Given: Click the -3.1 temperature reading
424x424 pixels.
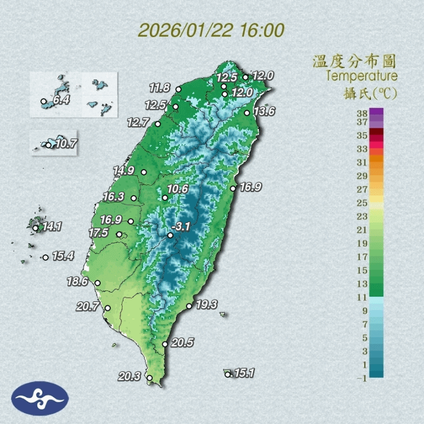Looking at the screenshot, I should coord(182,227).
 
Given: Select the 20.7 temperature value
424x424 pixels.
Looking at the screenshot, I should coord(88,306).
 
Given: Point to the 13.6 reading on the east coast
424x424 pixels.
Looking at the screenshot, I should coord(264,112).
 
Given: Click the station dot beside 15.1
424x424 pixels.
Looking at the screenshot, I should coord(227,375).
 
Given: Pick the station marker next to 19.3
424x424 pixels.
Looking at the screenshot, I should coord(189,306).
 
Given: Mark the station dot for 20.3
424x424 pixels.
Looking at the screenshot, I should coord(149,378).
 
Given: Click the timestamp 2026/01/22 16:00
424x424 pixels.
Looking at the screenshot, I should coord(211,30).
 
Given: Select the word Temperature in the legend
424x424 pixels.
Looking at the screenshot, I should coord(361,76).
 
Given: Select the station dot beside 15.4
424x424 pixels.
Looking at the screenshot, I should coord(46,257).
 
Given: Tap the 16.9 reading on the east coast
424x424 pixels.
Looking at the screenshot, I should coord(250,187).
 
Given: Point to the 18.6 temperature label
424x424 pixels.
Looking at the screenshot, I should coord(77,282).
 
